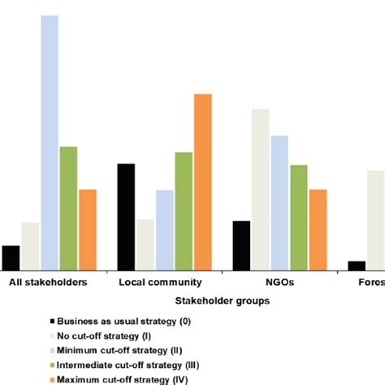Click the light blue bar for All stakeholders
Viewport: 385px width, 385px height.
50,142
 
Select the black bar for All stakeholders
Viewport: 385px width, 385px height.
11,257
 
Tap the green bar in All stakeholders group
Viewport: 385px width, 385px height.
68,208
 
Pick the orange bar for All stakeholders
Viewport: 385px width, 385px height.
87,229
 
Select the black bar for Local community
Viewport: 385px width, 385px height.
126,216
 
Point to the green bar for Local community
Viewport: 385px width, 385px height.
184,210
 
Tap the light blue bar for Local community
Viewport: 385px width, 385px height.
164,229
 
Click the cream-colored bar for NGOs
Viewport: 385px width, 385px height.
260,188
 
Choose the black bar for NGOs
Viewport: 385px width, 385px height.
241,244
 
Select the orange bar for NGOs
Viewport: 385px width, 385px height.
318,229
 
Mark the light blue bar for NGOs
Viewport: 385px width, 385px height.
279,202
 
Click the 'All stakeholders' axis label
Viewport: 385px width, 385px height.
50,283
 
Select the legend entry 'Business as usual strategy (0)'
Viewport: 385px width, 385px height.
123,322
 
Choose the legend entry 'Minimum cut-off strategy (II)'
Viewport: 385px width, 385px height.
119,351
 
